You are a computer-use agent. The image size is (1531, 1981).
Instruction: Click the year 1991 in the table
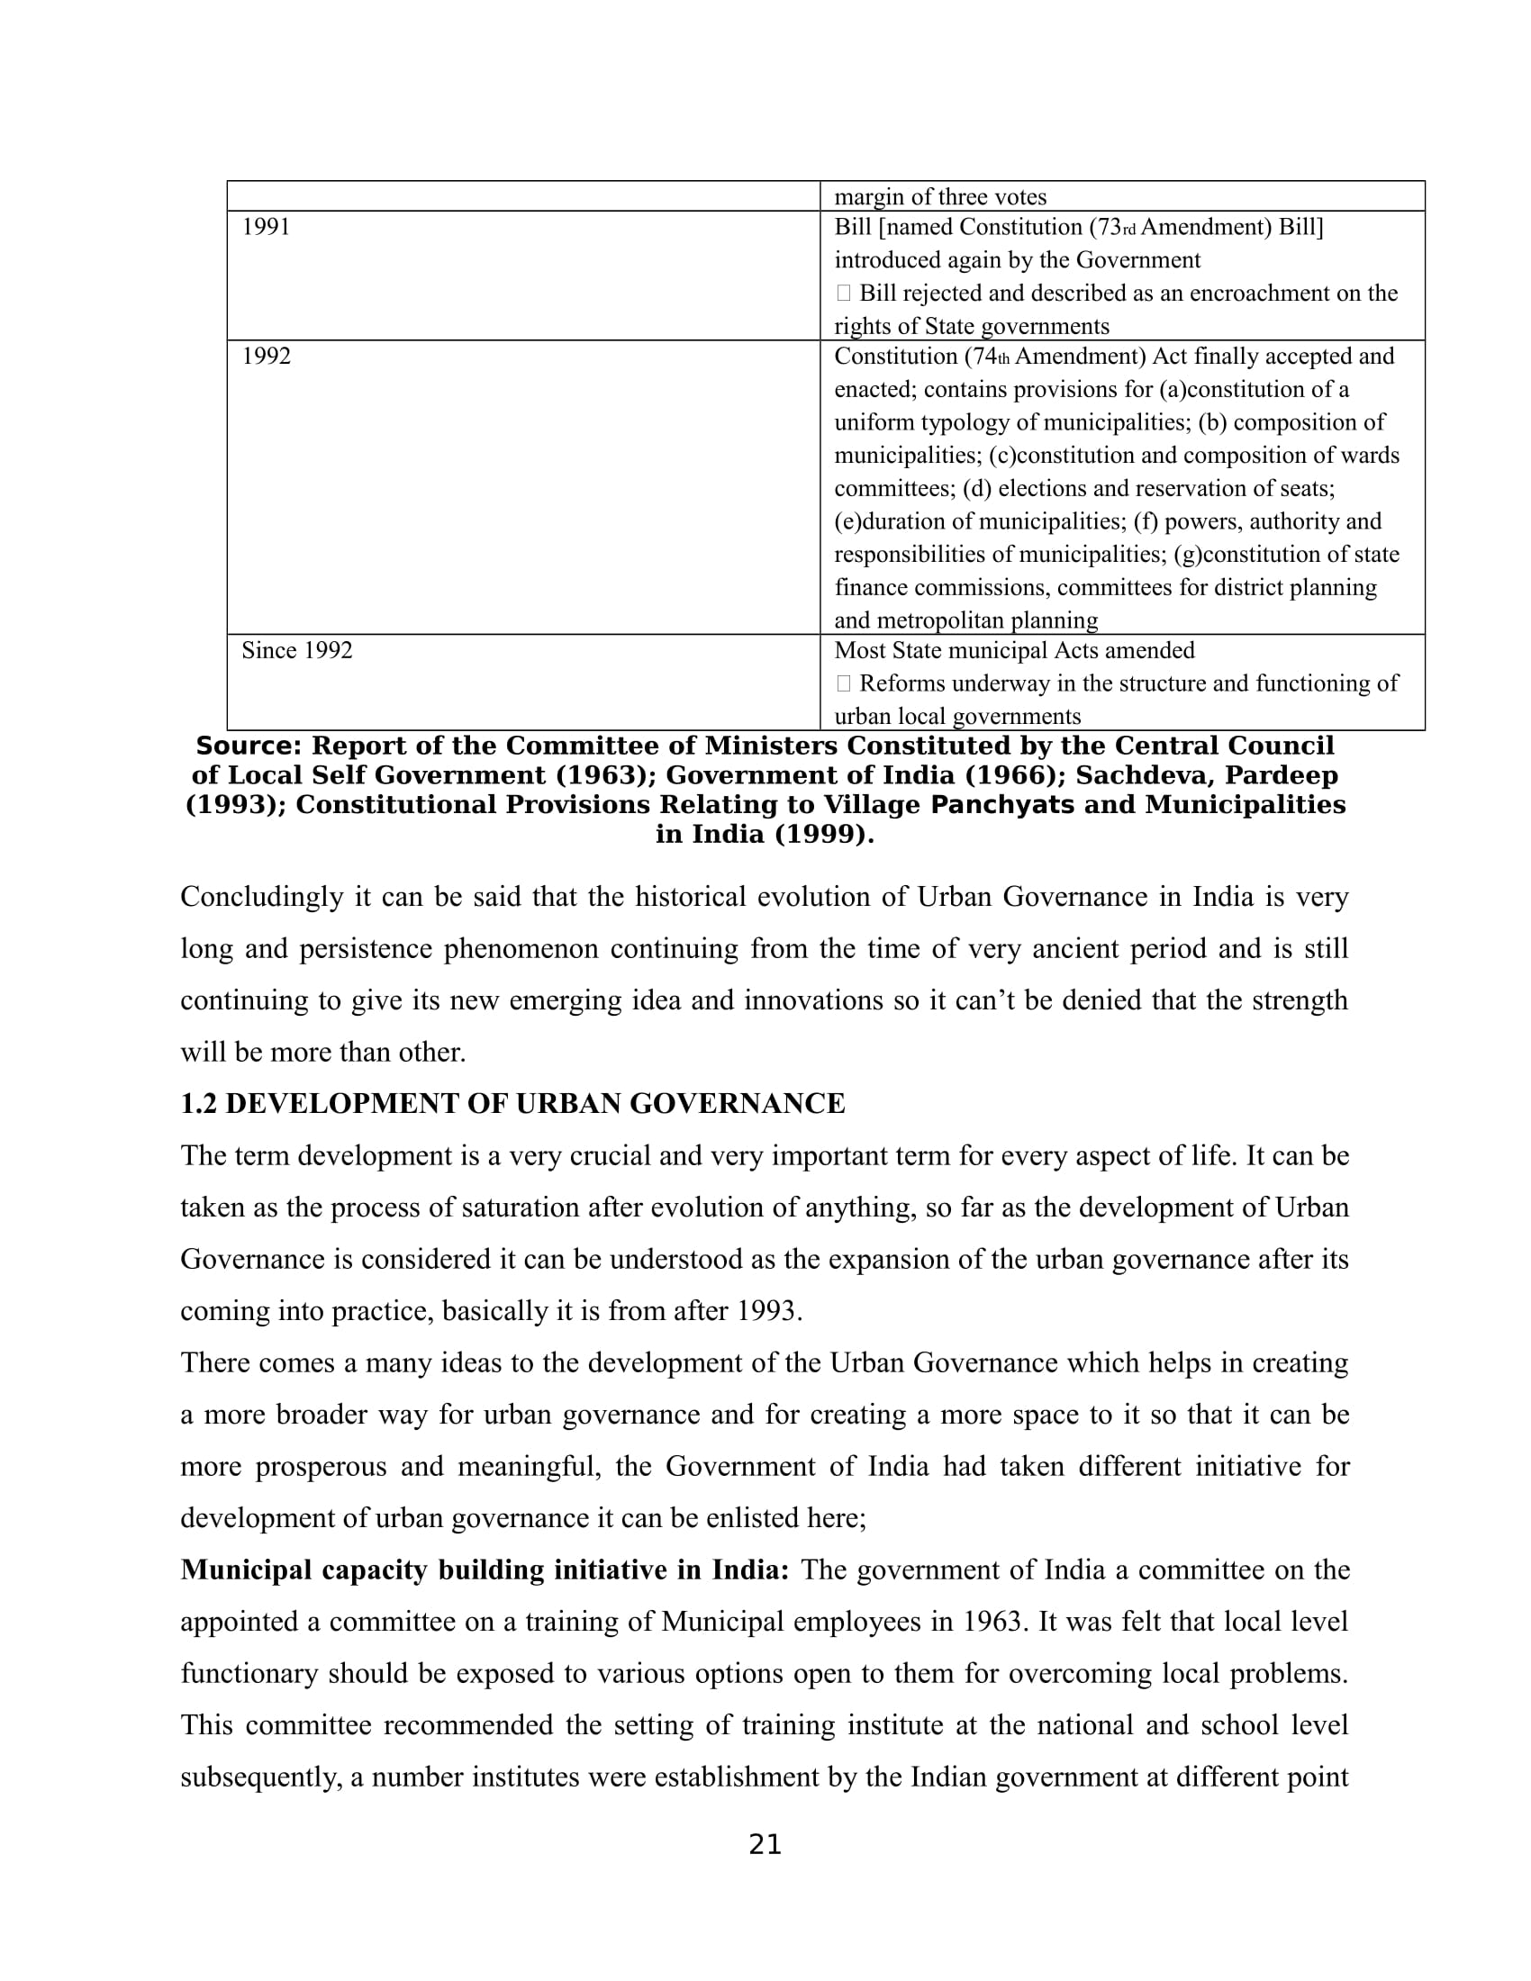pyautogui.click(x=266, y=227)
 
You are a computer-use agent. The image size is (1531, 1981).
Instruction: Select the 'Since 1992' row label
pyautogui.click(x=296, y=650)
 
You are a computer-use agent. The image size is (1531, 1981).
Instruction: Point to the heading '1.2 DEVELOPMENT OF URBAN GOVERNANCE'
pyautogui.click(x=512, y=1104)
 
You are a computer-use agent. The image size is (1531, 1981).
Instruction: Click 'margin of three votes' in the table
pyautogui.click(x=939, y=197)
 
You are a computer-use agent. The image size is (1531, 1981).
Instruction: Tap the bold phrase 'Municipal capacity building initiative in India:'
pyautogui.click(x=485, y=1570)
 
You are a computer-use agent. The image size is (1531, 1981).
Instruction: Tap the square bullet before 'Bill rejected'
pyautogui.click(x=844, y=293)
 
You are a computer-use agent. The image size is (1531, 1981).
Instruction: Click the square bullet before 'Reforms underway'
pyautogui.click(x=844, y=683)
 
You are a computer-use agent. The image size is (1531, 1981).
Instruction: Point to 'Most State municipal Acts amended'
pyautogui.click(x=1014, y=650)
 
